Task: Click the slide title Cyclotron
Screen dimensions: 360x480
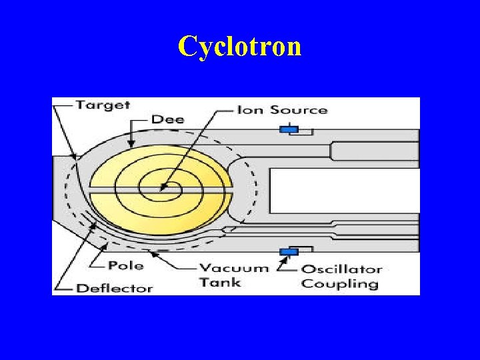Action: pos(239,46)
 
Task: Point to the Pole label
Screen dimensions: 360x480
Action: pos(126,265)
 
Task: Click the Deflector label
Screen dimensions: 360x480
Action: pos(115,289)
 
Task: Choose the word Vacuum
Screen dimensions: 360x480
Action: pos(233,269)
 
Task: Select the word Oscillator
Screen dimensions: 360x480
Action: pos(341,269)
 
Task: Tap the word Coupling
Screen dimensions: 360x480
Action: pos(339,284)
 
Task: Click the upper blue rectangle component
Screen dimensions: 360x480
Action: pos(288,129)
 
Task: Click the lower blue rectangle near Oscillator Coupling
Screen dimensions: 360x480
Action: pos(288,251)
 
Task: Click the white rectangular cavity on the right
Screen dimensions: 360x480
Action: pos(344,191)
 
